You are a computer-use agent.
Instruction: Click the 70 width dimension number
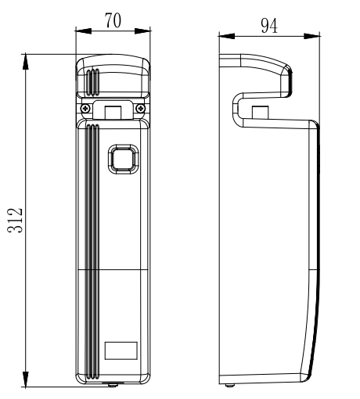[113, 20]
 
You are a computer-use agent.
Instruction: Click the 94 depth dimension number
[269, 26]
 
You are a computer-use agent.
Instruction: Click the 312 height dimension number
[15, 221]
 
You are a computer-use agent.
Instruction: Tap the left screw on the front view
[85, 108]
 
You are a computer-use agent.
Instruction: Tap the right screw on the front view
[141, 108]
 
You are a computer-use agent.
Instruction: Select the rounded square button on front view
[123, 159]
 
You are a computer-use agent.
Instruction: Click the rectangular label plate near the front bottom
[121, 350]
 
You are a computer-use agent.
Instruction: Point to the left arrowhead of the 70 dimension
[84, 31]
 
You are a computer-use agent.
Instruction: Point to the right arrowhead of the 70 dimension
[142, 31]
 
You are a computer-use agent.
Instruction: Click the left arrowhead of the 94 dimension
[226, 36]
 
